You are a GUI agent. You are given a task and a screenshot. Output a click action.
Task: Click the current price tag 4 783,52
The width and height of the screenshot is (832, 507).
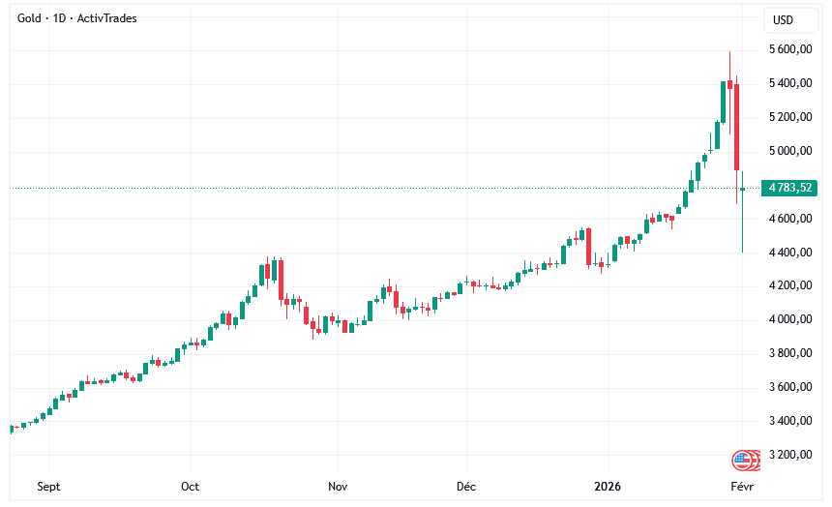pos(789,188)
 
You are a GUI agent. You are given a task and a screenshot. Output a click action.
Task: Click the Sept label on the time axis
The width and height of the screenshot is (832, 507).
pos(49,487)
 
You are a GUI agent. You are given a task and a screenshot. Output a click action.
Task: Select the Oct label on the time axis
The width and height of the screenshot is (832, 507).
pos(191,487)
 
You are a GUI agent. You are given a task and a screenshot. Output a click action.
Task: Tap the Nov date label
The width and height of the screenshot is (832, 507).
pos(338,487)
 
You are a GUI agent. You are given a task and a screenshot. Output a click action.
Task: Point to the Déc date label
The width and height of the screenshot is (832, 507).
pos(466,487)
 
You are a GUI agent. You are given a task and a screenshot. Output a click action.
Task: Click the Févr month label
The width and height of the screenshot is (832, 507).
pos(742,487)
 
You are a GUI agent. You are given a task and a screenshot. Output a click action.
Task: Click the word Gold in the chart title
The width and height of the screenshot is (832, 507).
pos(32,18)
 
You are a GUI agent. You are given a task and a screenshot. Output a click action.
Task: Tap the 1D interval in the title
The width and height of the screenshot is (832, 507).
pos(60,18)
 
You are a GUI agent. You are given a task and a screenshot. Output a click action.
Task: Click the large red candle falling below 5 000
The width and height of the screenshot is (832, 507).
pos(737,126)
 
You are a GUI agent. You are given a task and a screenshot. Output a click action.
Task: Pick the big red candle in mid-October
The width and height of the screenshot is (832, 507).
pos(281,281)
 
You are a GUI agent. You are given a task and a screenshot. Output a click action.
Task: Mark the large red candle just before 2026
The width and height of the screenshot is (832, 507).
pos(587,247)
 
